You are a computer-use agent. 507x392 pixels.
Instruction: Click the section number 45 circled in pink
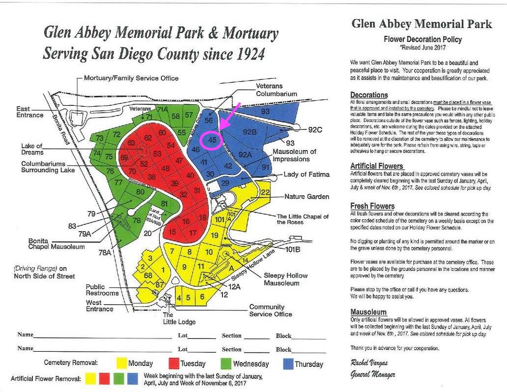point(212,140)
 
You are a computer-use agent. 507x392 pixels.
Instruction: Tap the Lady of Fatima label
point(307,175)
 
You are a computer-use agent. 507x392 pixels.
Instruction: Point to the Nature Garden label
point(307,197)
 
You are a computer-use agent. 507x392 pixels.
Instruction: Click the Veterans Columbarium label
point(276,90)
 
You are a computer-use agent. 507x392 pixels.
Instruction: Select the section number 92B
point(250,131)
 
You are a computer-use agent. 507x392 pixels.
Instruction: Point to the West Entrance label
point(100,305)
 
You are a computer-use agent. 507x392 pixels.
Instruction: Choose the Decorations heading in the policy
point(369,95)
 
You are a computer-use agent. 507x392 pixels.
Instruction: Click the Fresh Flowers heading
point(372,206)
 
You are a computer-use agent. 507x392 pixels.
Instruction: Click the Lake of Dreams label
point(32,149)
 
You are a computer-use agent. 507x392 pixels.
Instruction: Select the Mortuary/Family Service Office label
point(131,78)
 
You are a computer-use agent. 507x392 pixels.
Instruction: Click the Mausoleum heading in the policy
point(368,312)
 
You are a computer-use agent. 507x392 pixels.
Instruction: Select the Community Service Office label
point(270,310)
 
